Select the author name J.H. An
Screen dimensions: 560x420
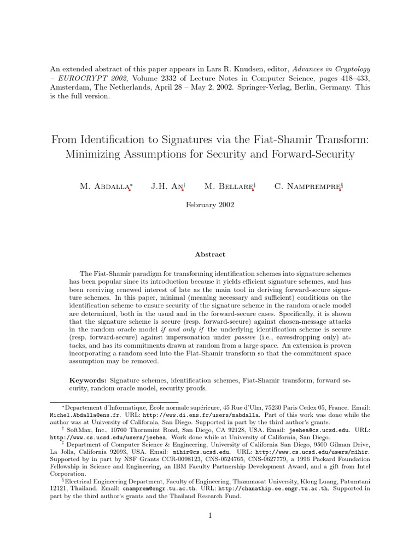coord(166,187)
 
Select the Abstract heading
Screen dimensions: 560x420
coord(210,254)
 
